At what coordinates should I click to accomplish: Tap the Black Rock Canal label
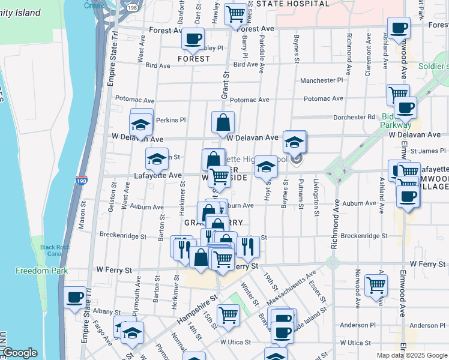point(50,250)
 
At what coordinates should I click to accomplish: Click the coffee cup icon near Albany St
point(76,297)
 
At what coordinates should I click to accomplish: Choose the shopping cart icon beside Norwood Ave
point(376,284)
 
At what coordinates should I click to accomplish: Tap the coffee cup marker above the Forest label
point(193,39)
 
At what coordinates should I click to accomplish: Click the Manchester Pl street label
point(321,80)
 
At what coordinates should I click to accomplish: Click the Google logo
point(20,353)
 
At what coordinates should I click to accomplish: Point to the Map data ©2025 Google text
point(411,355)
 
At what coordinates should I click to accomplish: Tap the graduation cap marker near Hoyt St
point(266,167)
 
